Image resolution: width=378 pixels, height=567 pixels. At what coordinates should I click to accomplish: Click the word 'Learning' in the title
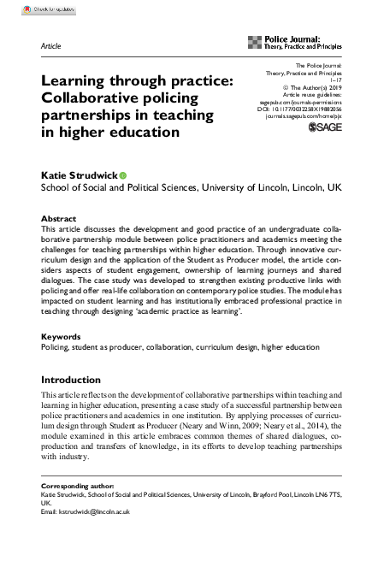(81, 80)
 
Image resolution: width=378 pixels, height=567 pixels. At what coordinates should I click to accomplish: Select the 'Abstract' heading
(58, 219)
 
